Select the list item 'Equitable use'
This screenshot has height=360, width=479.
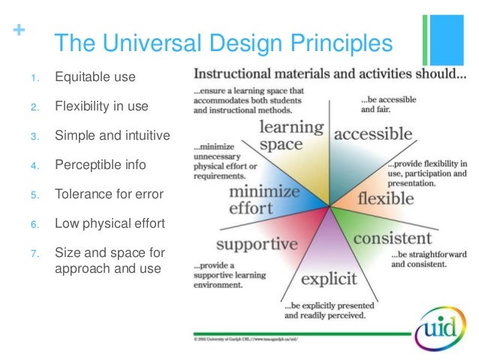click(x=95, y=77)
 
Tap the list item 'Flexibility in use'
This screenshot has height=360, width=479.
click(x=101, y=106)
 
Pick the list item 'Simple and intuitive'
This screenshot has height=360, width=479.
click(x=112, y=135)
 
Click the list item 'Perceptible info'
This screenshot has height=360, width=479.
click(x=99, y=165)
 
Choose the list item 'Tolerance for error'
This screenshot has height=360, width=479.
click(x=109, y=194)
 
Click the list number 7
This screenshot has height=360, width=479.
click(x=34, y=253)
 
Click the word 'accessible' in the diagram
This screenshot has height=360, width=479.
click(x=373, y=135)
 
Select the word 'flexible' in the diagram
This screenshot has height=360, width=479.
click(x=386, y=199)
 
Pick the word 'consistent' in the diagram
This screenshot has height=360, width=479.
click(x=392, y=239)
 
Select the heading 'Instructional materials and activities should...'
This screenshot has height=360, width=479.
click(x=330, y=75)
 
